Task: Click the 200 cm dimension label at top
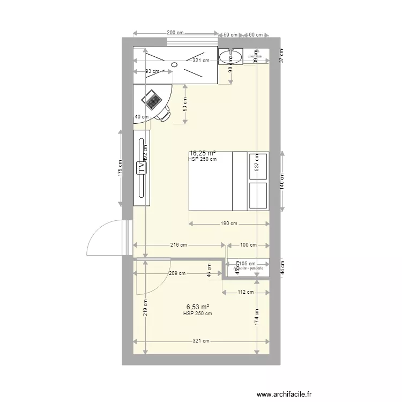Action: click(x=175, y=33)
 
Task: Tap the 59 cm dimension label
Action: click(x=230, y=35)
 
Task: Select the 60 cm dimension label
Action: click(x=256, y=35)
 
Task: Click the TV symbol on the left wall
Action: click(x=142, y=168)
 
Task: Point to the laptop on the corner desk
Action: click(x=151, y=99)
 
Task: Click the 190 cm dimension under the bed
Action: click(x=229, y=224)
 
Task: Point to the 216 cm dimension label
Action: click(x=178, y=245)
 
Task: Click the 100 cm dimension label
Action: click(x=248, y=245)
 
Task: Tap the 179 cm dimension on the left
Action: click(x=120, y=169)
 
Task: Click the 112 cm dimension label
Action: click(x=245, y=292)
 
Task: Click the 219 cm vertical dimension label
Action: click(x=145, y=309)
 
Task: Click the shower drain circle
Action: click(x=174, y=65)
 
